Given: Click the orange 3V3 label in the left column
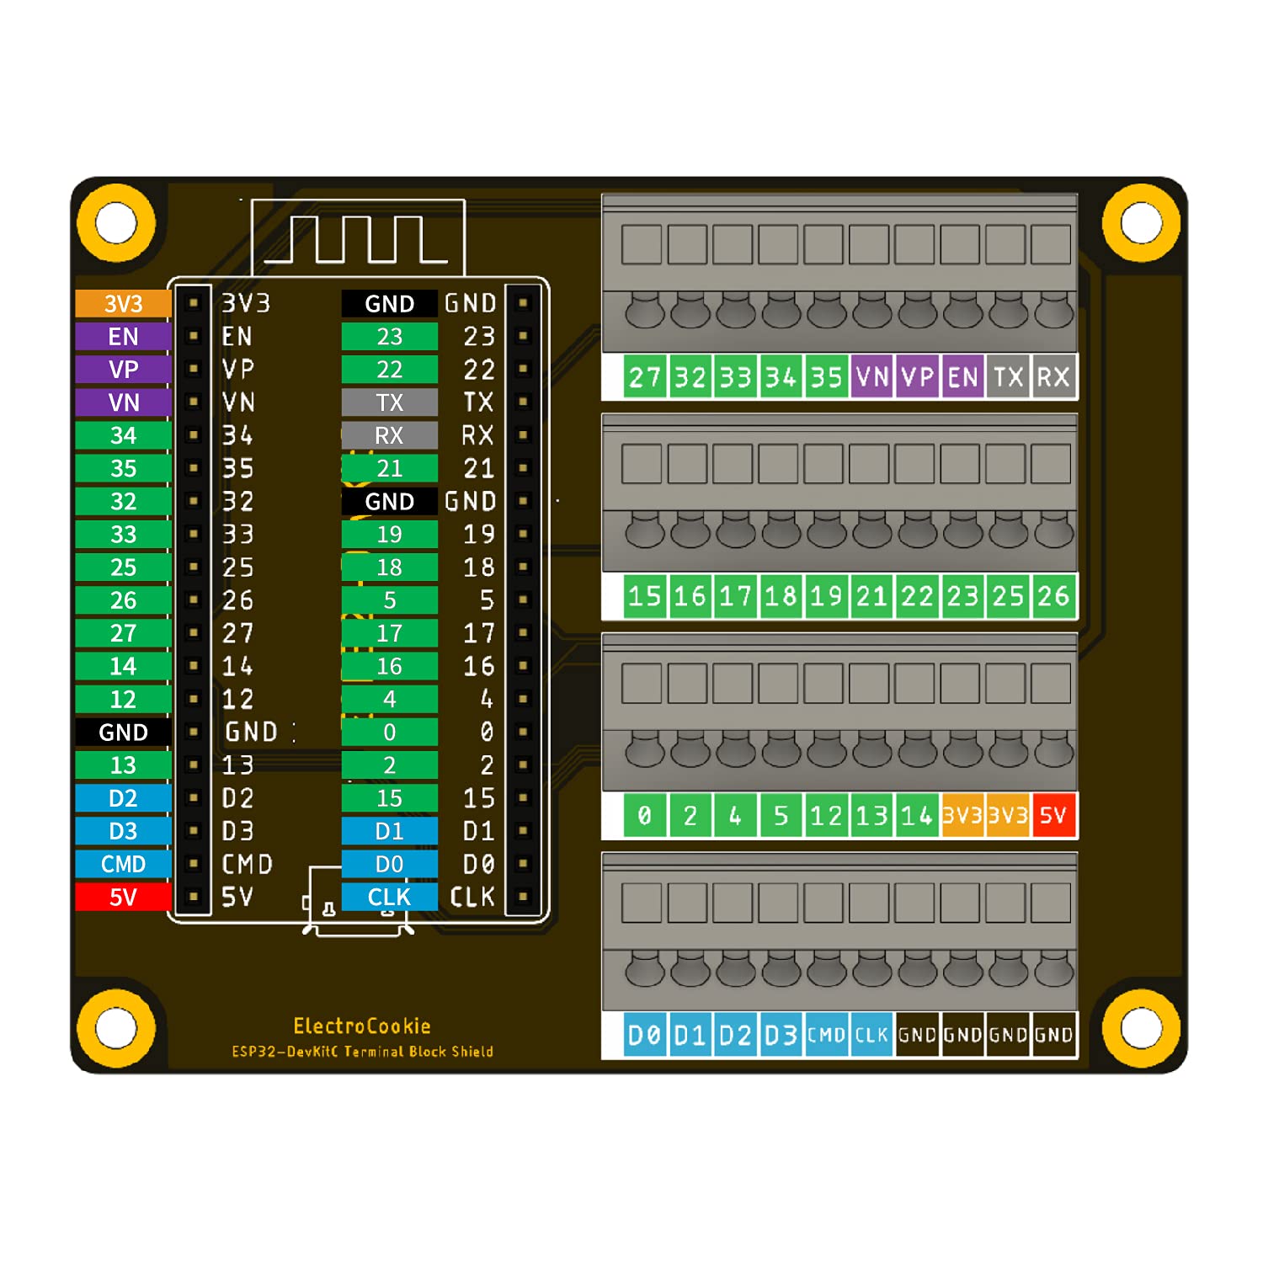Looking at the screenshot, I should (x=123, y=303).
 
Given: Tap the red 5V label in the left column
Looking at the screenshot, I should (x=123, y=897).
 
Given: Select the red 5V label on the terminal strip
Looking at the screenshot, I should (x=1053, y=815).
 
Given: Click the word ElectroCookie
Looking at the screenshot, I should (x=362, y=1026).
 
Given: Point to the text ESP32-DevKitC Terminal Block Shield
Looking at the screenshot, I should (x=362, y=1052).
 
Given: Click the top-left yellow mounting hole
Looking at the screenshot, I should (x=116, y=223).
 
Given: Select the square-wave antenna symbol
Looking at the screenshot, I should (x=358, y=239).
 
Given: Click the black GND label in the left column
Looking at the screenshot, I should (x=123, y=732).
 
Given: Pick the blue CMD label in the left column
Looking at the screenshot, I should (x=123, y=864).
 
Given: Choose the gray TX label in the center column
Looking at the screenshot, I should (x=389, y=402).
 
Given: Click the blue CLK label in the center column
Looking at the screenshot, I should (x=389, y=897).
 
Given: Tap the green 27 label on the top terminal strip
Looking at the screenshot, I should (x=645, y=377).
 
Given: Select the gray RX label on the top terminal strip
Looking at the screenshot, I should (x=1053, y=377).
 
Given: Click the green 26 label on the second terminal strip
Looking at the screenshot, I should (x=1053, y=596).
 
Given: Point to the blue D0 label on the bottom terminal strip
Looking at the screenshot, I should (x=645, y=1035).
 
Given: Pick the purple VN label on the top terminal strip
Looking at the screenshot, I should (x=871, y=377).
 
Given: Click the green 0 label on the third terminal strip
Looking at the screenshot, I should (x=645, y=815).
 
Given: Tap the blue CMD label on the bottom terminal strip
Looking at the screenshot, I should (x=826, y=1035).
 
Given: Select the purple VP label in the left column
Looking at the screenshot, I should (x=123, y=369).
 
